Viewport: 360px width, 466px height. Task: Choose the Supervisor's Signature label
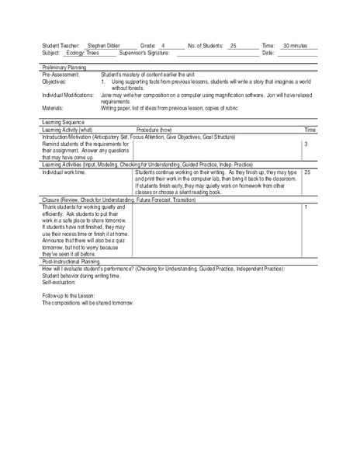tap(147, 53)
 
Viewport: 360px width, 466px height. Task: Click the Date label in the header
tap(268, 53)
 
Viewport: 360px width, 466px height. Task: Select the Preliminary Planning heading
tap(67, 68)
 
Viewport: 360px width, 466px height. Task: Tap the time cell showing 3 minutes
tap(307, 144)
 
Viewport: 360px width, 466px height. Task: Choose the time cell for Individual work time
tap(308, 172)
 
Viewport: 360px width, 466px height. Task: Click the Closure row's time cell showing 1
tap(307, 207)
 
